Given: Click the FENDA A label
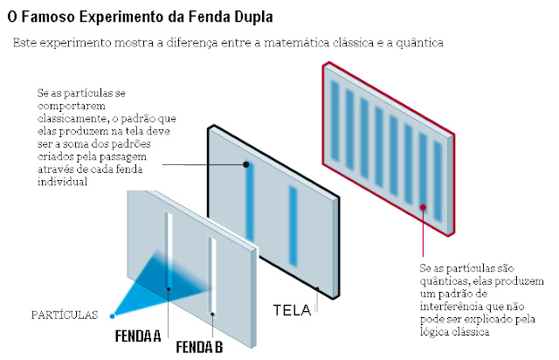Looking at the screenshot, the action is [139, 335].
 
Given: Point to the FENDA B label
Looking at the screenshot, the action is [199, 348].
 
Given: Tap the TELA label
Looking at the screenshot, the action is [292, 310].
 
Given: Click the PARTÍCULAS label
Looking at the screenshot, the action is [63, 315].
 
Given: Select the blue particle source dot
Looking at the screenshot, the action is [113, 315].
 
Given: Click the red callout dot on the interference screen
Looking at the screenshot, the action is [424, 208].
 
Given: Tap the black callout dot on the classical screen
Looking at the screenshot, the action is [247, 163].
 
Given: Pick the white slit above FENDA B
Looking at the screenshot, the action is [211, 271].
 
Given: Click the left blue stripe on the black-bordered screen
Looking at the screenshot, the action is [250, 210].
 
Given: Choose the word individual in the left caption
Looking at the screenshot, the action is [64, 182].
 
